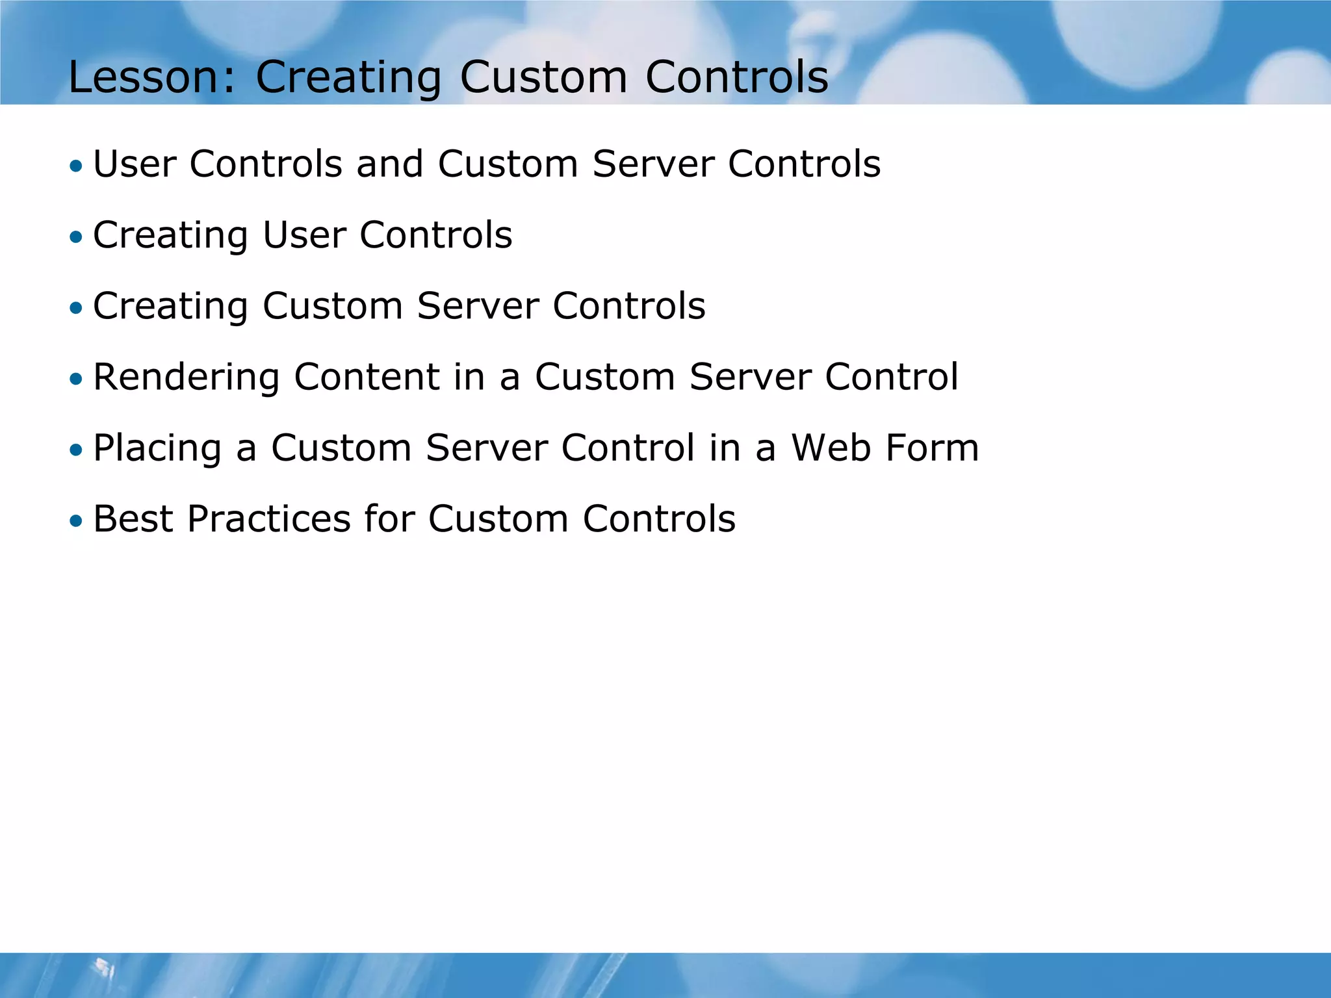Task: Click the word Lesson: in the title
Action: [151, 77]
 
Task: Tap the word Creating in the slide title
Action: [348, 77]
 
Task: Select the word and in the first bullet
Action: [389, 164]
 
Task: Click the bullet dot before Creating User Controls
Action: [77, 237]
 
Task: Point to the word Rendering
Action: [186, 377]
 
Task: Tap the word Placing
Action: [157, 448]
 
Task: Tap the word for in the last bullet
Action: [389, 519]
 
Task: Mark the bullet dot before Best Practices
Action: [77, 521]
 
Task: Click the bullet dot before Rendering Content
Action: [77, 379]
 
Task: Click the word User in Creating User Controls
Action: [304, 235]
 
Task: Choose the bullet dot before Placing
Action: [77, 450]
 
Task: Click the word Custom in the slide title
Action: [543, 77]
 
